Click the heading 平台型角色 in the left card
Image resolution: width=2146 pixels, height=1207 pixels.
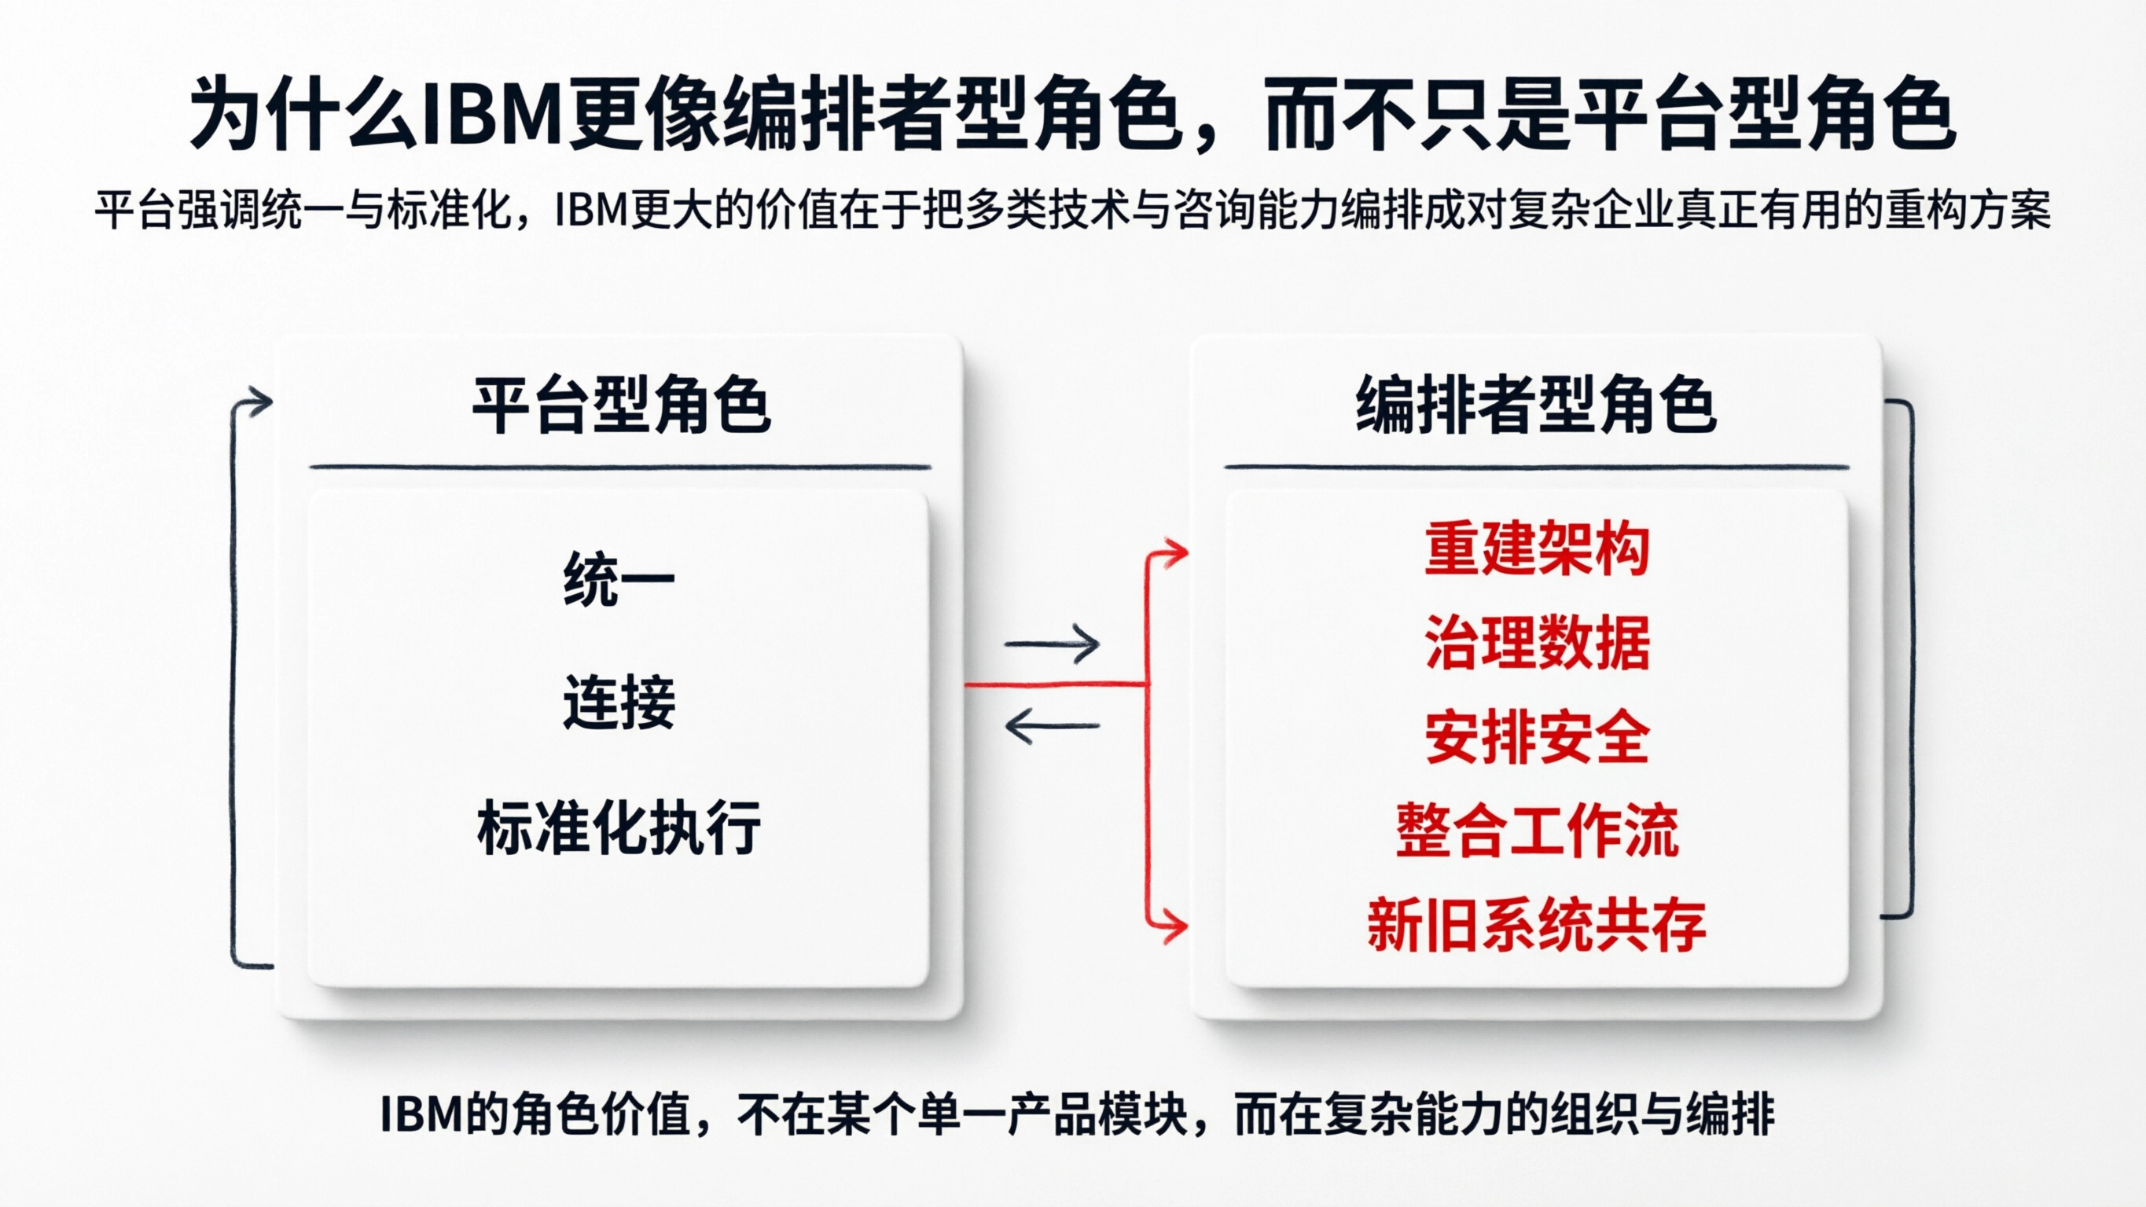(x=621, y=405)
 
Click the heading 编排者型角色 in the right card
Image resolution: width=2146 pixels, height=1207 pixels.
(x=1535, y=405)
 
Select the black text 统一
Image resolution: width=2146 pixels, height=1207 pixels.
(x=618, y=580)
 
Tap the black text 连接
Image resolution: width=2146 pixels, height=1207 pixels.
(x=618, y=703)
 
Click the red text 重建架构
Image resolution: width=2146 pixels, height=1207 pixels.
(x=1536, y=550)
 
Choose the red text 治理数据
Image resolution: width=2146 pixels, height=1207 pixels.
(x=1536, y=643)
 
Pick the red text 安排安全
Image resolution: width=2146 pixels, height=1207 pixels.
(x=1536, y=738)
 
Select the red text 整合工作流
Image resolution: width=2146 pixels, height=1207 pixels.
(x=1536, y=831)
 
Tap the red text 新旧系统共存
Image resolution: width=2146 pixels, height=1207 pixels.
(x=1536, y=926)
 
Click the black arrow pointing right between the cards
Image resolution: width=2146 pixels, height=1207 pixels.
(x=1053, y=644)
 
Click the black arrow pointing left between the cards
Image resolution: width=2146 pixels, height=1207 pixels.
(x=1053, y=725)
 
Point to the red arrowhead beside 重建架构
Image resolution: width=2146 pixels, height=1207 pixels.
(x=1176, y=552)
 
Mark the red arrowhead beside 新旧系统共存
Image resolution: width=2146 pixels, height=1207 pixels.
(x=1176, y=926)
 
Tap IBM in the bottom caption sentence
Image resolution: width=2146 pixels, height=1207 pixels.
(x=421, y=1113)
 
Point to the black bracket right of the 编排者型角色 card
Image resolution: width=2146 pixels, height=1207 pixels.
(x=1908, y=658)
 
